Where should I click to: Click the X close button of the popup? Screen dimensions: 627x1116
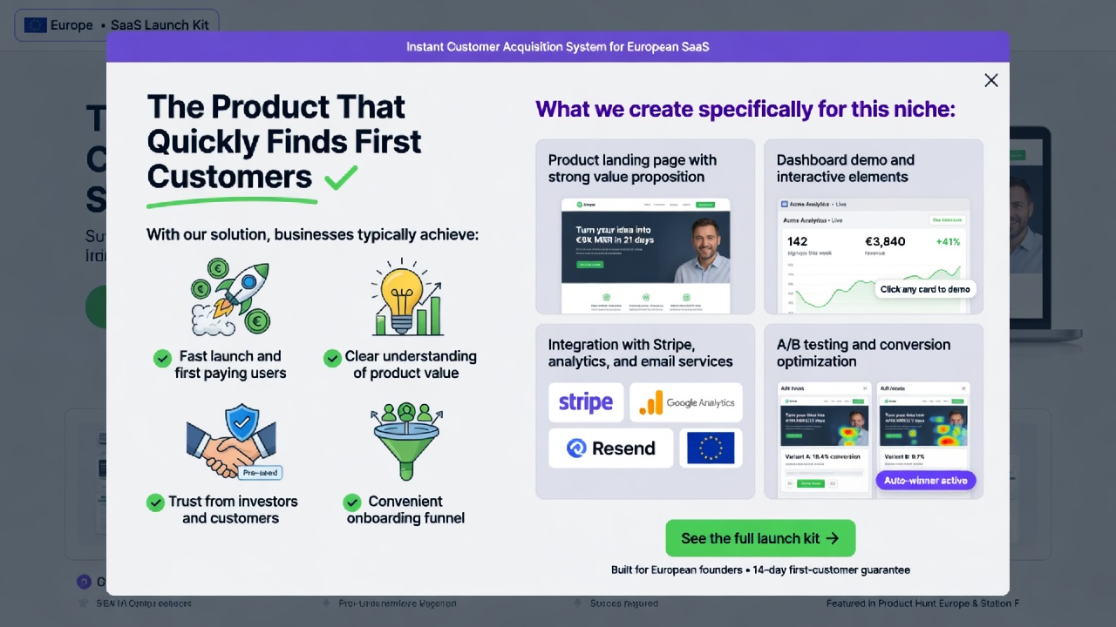(x=991, y=80)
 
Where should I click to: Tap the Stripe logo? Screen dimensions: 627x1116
(x=585, y=402)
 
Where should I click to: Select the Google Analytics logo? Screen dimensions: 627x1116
(x=686, y=402)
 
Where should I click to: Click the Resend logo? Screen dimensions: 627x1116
(x=610, y=448)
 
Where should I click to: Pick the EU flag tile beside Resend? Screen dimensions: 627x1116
(x=711, y=448)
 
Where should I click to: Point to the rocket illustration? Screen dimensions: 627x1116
(x=231, y=297)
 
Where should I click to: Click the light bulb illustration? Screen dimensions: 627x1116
(x=406, y=297)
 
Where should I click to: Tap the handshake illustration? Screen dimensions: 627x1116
(x=232, y=442)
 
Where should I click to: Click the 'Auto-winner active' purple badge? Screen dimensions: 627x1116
(x=925, y=481)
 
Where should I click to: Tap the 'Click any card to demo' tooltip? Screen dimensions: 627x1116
(x=924, y=289)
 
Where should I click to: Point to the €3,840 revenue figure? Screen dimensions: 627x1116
(x=885, y=241)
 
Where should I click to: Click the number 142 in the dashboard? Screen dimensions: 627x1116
(x=797, y=241)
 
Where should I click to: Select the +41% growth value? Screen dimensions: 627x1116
(x=948, y=241)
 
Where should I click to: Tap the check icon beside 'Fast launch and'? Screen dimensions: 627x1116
(x=162, y=358)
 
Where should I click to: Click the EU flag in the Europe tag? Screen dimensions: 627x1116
(x=36, y=25)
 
